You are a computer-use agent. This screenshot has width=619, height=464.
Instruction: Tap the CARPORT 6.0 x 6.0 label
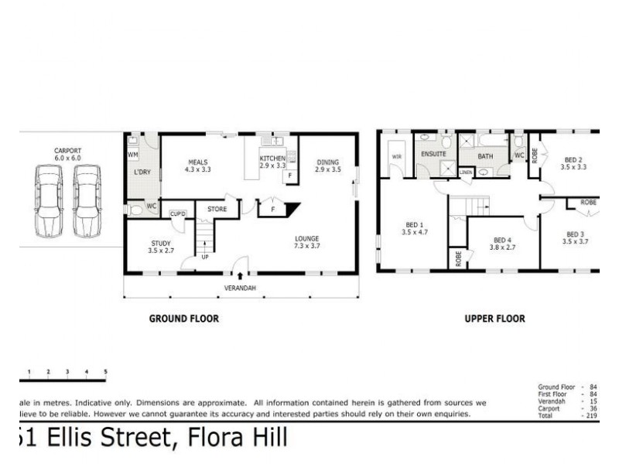(67, 154)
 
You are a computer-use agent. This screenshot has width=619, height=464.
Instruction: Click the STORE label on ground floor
(217, 208)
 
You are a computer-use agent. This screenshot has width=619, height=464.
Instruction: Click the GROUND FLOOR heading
(183, 318)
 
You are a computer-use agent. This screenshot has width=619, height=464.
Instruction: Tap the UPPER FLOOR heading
(494, 318)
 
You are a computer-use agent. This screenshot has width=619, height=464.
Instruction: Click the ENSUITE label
(433, 154)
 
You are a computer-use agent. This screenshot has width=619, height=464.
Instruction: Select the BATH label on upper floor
(485, 156)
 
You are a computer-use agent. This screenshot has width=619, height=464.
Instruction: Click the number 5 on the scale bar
(105, 373)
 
